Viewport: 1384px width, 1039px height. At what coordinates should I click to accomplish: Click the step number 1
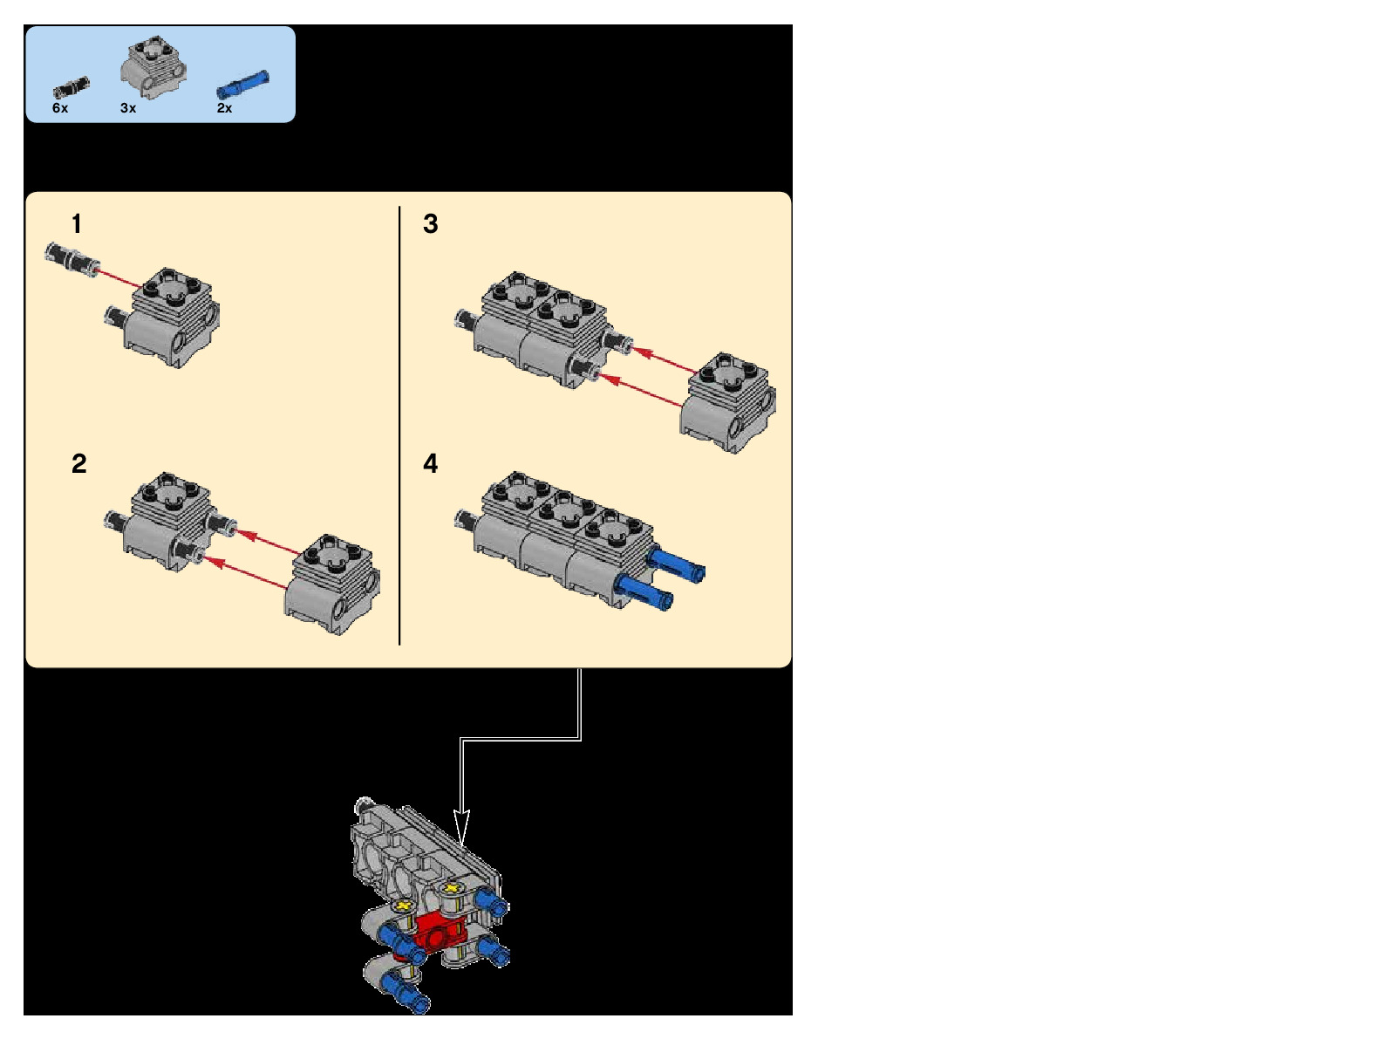(x=77, y=224)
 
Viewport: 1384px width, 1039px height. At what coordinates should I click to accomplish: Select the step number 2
(x=78, y=463)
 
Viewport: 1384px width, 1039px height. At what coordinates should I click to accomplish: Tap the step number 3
(x=430, y=224)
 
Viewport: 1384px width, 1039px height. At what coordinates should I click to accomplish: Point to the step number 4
(x=430, y=463)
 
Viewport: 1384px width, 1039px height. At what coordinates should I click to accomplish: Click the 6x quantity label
(x=60, y=108)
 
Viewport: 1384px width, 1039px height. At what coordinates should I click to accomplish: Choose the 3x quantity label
(x=128, y=108)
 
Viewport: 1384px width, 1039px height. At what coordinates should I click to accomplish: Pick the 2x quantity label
(x=224, y=108)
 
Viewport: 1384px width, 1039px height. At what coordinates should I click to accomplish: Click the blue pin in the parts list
(x=243, y=85)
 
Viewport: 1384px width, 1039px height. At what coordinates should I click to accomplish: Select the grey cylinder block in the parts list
(x=154, y=66)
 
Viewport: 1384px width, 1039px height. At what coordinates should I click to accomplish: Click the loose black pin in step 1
(x=72, y=260)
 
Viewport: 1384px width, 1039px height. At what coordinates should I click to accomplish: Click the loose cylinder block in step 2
(x=333, y=584)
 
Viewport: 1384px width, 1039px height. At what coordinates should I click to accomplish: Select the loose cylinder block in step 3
(x=728, y=402)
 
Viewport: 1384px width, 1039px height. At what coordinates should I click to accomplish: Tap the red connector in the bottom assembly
(x=440, y=931)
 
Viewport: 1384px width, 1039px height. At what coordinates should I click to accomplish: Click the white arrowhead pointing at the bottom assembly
(x=461, y=825)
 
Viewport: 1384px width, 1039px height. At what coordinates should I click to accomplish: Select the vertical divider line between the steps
(x=399, y=426)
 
